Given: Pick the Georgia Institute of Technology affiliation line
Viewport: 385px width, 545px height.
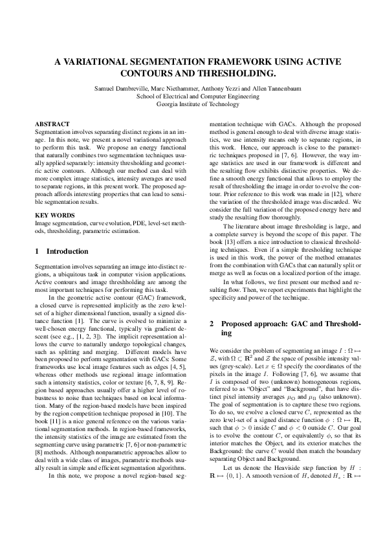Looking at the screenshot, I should tap(192, 104).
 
